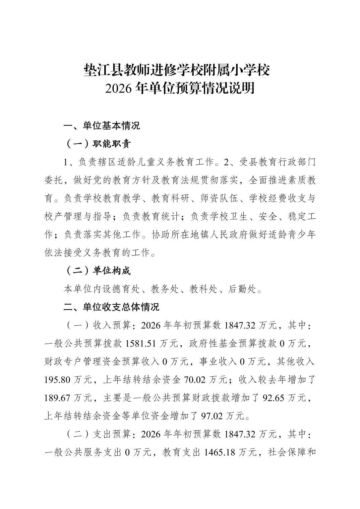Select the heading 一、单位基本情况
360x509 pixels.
(102, 126)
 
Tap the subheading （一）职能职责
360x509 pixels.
(97, 144)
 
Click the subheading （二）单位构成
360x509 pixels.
(97, 271)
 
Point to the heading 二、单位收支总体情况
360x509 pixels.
(111, 307)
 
